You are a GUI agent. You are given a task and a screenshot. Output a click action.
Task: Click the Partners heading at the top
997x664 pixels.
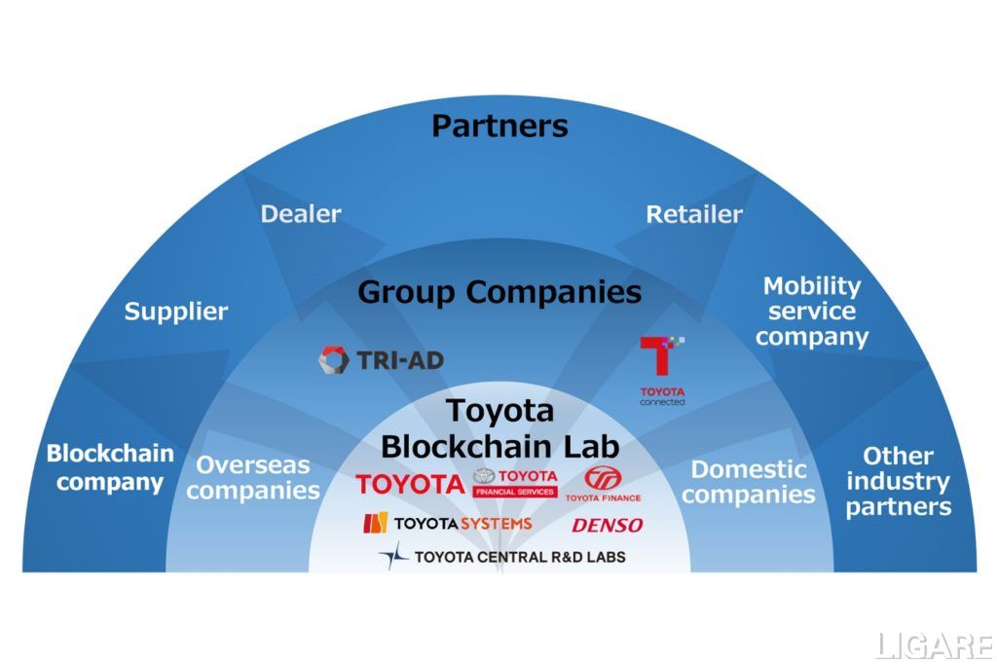pos(499,126)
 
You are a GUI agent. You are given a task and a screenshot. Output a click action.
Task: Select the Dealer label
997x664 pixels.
pos(301,213)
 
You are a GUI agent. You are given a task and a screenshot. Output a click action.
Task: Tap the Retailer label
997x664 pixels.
pos(694,214)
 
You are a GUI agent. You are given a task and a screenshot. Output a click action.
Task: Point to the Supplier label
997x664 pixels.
pos(176,312)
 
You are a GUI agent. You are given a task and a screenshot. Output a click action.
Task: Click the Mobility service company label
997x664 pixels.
pos(812,312)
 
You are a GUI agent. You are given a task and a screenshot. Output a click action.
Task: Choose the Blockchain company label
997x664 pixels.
pos(110,467)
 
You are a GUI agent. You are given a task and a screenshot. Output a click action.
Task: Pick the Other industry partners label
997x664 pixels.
pos(898,481)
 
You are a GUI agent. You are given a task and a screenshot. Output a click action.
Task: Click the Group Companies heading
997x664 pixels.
pos(499,291)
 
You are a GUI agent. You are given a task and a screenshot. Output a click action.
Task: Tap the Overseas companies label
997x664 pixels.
pos(253,477)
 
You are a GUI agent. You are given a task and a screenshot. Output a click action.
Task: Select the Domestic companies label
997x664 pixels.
pos(749,482)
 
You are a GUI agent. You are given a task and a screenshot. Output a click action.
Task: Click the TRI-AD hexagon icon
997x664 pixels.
pos(334,360)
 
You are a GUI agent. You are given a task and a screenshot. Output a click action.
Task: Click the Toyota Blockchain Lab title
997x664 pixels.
pos(499,427)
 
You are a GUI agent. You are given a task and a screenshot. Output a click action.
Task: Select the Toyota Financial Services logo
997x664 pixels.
pos(515,482)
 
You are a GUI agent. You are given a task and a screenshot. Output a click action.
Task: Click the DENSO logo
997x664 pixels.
pos(607,526)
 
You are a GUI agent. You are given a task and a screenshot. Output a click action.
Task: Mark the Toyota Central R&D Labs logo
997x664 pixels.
pos(502,557)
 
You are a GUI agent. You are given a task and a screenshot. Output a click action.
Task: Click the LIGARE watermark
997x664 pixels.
pos(932,646)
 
